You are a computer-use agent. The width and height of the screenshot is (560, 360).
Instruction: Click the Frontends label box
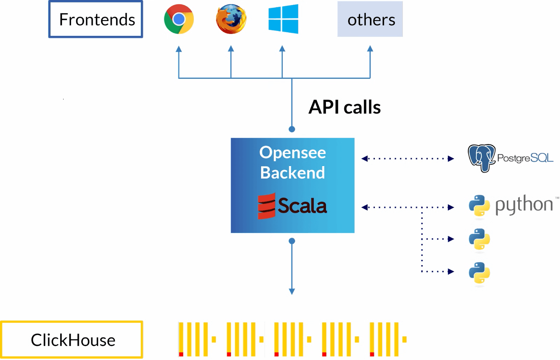click(x=96, y=19)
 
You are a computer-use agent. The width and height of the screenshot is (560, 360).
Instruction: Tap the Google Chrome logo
click(x=179, y=19)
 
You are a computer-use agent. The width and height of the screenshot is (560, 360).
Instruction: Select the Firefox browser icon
click(x=231, y=19)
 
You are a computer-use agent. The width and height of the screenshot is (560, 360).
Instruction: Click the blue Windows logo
click(x=283, y=19)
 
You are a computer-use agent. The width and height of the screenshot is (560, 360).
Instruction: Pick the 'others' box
click(x=370, y=19)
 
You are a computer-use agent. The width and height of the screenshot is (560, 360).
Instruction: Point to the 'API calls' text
click(x=344, y=107)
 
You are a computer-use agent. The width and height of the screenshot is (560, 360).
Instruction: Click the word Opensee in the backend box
click(x=293, y=152)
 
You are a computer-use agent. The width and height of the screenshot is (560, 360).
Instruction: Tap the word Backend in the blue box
click(x=293, y=173)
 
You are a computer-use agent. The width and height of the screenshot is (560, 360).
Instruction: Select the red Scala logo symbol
click(x=266, y=206)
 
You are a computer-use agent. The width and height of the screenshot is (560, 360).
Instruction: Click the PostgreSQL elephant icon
click(x=482, y=158)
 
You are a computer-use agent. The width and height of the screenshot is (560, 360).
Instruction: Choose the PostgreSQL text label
click(x=525, y=158)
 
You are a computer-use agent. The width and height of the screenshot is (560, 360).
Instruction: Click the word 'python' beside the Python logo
click(x=524, y=205)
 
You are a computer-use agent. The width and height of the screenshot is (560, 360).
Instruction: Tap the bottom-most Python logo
click(x=479, y=273)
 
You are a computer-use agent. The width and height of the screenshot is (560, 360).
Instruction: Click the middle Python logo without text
click(x=479, y=239)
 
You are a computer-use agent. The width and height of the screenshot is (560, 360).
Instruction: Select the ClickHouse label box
click(x=72, y=340)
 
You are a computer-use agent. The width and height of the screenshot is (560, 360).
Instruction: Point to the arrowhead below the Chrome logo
click(x=179, y=49)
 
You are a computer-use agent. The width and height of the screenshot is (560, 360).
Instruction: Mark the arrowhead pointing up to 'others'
click(x=370, y=49)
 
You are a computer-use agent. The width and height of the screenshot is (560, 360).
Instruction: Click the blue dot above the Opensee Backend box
click(x=292, y=129)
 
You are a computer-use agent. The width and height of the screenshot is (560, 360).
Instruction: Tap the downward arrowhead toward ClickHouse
click(x=292, y=291)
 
